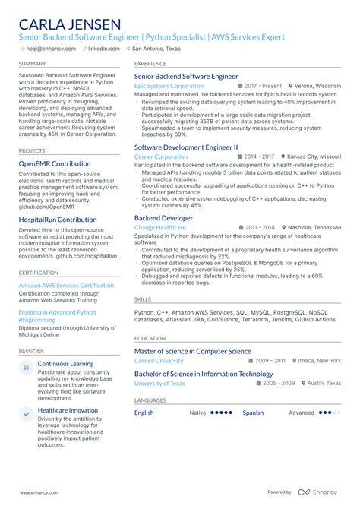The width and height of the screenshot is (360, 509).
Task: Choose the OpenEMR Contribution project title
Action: [x=55, y=163]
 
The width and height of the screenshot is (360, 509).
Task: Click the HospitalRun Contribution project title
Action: [x=58, y=220]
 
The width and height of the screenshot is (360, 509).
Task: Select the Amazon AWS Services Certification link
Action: [x=66, y=286]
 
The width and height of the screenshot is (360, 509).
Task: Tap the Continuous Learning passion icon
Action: [x=27, y=367]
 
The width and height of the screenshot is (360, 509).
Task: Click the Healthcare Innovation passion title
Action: [x=69, y=410]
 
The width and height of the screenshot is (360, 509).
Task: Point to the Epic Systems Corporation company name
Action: [x=169, y=87]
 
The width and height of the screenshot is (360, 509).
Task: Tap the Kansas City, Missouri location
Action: [x=314, y=157]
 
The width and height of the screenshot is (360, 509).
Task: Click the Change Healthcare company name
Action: [x=159, y=227]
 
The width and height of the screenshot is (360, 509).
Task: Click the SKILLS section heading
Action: [x=143, y=299]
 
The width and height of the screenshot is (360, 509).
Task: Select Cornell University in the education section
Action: [x=159, y=361]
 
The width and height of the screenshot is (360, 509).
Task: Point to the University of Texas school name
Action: [x=159, y=384]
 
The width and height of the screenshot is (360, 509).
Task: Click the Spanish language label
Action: [x=253, y=413]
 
